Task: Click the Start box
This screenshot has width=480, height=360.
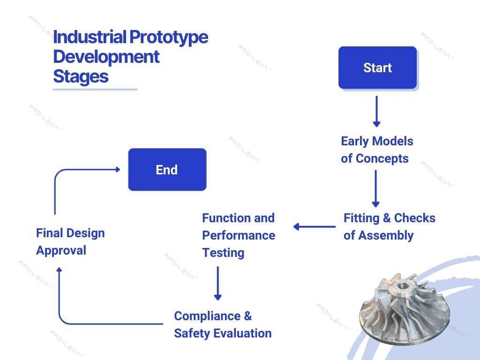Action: coord(377,67)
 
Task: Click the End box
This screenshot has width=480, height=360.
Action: coord(167,169)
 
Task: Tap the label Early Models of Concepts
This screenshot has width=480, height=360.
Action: coord(377,150)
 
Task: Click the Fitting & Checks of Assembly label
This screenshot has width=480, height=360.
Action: coord(389,226)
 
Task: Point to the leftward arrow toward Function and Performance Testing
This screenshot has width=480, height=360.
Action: coord(314,227)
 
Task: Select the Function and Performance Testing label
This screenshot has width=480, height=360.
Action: coord(238,235)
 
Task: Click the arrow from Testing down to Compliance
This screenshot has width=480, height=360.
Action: coord(217,283)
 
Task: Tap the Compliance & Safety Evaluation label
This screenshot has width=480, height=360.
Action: coord(223,324)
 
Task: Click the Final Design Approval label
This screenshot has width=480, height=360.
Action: coord(70,241)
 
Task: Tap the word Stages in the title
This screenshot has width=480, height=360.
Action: coord(81,76)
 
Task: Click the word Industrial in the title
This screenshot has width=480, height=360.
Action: coord(90,37)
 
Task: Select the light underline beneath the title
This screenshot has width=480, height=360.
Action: coord(95,89)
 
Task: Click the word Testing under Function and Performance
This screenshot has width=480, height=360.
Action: coord(223,253)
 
